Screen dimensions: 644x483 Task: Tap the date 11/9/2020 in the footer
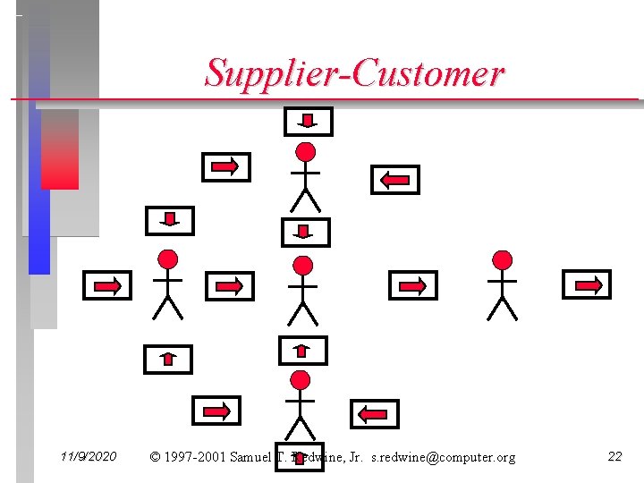coord(89,457)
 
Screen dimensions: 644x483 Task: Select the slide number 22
coord(614,457)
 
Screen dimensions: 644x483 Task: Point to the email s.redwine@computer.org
coord(443,458)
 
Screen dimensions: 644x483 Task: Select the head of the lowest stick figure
coord(301,379)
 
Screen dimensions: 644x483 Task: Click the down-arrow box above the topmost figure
coord(308,122)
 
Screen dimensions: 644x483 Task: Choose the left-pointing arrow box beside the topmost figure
coord(394,180)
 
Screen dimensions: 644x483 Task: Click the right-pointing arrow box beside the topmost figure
coord(226,166)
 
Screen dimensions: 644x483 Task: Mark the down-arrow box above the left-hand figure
coord(169,220)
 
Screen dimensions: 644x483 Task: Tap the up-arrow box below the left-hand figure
coord(168,359)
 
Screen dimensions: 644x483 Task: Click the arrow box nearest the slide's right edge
coord(586,284)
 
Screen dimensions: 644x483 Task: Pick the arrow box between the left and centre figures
coord(230,286)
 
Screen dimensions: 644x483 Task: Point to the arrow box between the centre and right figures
coord(412,285)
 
